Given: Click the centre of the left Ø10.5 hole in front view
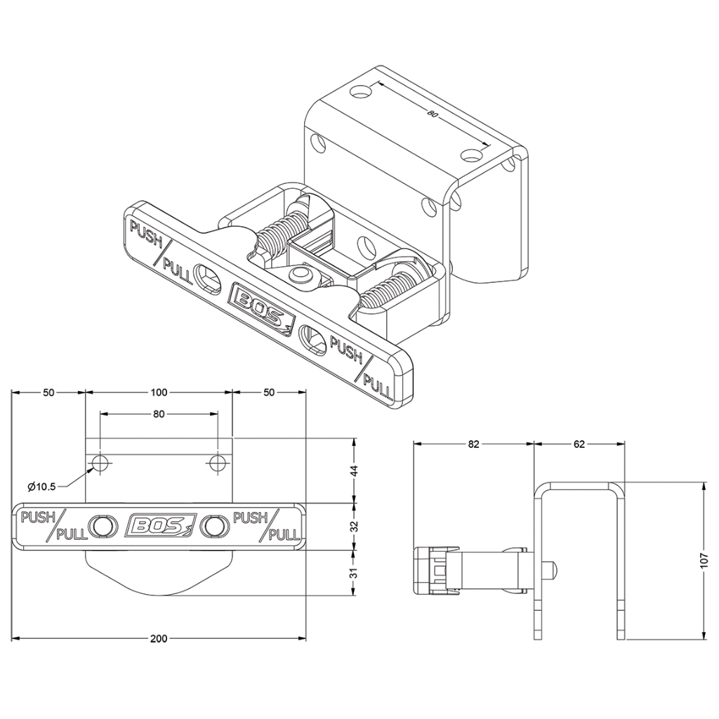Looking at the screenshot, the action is pos(100,463).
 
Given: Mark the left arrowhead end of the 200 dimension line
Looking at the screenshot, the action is pos(11,638).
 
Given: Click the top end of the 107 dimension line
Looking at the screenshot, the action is pos(704,482).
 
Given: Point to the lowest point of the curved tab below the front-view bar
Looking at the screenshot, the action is pos(159,595).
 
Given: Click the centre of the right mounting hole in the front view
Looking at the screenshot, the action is pos(218,463).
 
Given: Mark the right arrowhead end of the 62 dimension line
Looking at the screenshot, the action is pos(624,444).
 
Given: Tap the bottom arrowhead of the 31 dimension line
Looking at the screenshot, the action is pos(354,595).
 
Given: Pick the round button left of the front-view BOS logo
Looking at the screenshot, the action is pos(101,526).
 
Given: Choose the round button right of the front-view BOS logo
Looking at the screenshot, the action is pos(215,526).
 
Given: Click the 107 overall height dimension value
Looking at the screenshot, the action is pos(705,560).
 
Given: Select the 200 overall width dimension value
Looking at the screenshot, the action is pos(159,638).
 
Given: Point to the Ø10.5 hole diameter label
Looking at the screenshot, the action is pos(41,487).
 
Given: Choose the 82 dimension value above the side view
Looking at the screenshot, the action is pos(474,444).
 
